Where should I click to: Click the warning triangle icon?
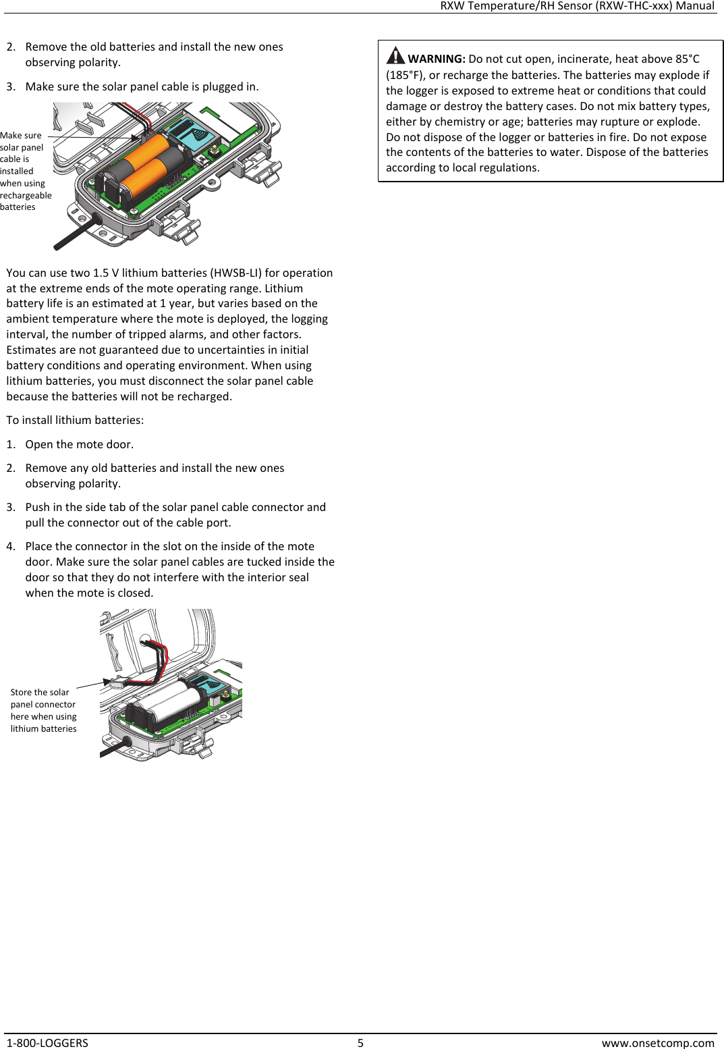395,55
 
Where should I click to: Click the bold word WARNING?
436,59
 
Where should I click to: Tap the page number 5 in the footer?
360,1043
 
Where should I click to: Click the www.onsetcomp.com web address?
657,1043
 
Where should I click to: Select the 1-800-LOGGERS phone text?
47,1043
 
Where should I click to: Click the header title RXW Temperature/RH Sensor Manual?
576,6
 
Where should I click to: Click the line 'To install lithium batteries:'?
75,420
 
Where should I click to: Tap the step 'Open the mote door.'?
79,444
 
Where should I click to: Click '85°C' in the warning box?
687,59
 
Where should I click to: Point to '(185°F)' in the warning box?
405,75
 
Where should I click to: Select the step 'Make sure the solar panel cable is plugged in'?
142,86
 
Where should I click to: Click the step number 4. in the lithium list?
11,546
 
